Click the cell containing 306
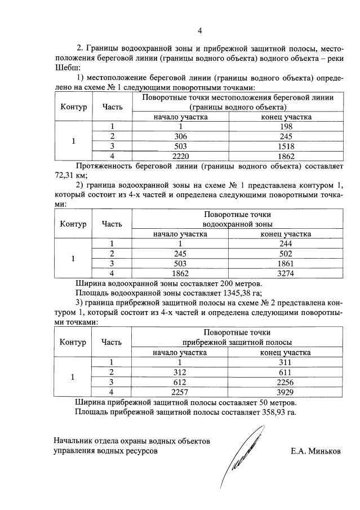coord(180,136)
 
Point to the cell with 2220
coord(180,156)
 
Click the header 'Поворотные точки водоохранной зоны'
coord(237,219)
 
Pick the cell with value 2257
coord(180,391)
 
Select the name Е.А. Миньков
coord(315,451)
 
